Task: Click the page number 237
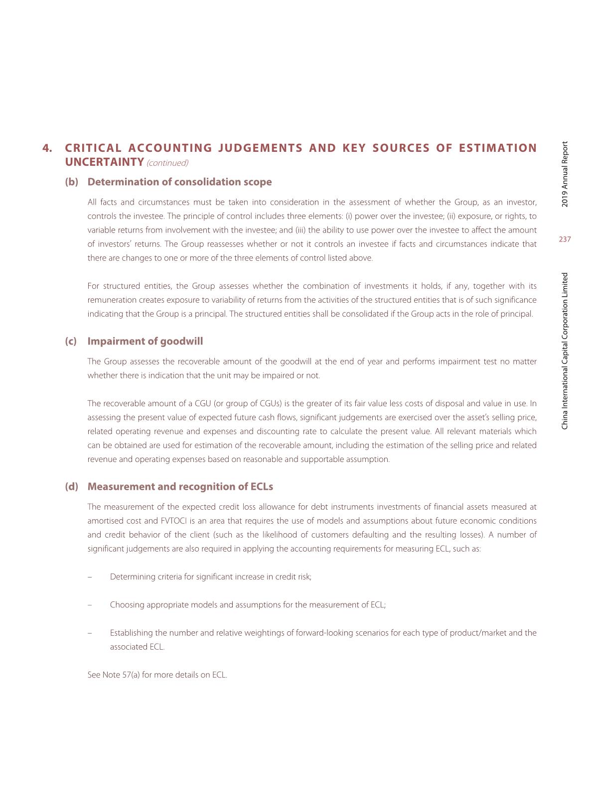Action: [565, 239]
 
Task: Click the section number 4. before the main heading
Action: [48, 148]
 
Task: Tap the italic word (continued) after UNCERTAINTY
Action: [167, 163]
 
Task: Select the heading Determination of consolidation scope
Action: [179, 182]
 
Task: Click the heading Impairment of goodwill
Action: [145, 341]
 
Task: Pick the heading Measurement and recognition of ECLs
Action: [180, 486]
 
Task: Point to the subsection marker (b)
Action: [72, 182]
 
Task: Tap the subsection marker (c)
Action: [71, 341]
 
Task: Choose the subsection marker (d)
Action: [72, 486]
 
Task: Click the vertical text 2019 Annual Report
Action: [565, 174]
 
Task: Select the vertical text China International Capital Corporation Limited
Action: [565, 351]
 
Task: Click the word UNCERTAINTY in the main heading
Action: [105, 162]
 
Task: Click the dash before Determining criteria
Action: [90, 577]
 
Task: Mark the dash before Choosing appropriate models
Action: [90, 605]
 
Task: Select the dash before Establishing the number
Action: [90, 633]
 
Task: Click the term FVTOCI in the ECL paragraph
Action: [172, 521]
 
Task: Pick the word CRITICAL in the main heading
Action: [93, 148]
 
